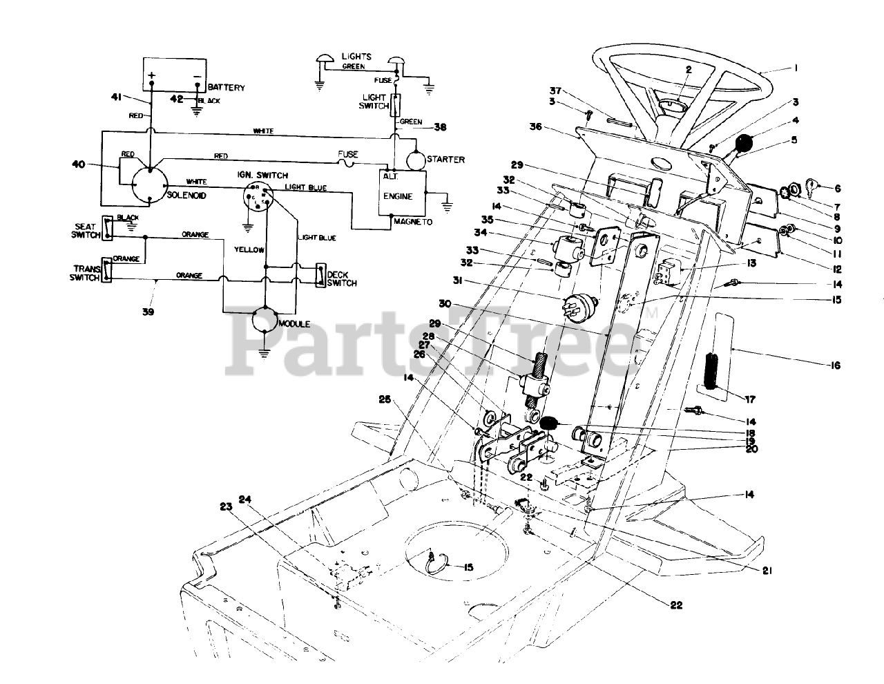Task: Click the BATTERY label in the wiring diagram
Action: [225, 88]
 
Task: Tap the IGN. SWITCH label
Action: [267, 175]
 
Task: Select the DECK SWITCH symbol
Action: [320, 275]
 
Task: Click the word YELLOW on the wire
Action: [249, 249]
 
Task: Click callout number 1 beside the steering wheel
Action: [796, 68]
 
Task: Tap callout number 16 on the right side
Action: [836, 365]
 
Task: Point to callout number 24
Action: [245, 499]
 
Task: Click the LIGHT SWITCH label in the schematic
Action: [373, 102]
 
